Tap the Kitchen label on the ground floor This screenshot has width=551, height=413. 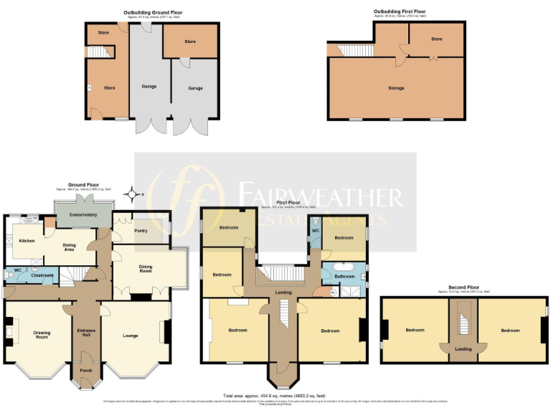pos(27,241)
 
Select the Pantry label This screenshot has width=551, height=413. pos(141,231)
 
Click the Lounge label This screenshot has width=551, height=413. pos(131,336)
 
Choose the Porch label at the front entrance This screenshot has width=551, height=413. pos(85,371)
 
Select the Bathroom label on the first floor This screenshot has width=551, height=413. pos(344,276)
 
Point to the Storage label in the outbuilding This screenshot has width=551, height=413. pos(396,88)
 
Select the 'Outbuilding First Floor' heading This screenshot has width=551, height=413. pos(402,11)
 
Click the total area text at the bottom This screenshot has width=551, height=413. pos(275,395)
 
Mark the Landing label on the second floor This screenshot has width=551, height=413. pos(463,348)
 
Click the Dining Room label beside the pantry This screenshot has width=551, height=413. pos(151,270)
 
